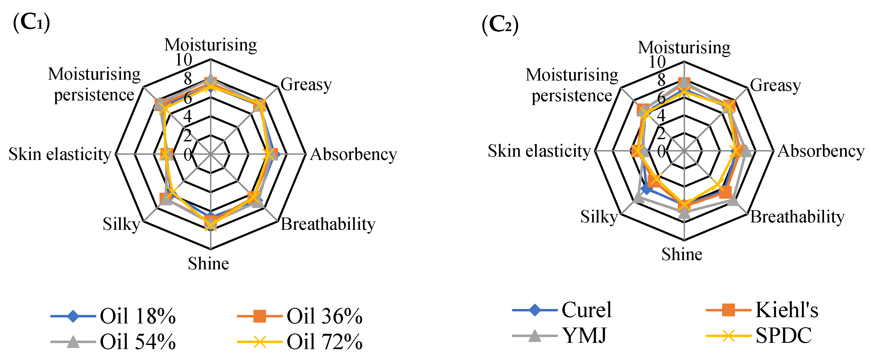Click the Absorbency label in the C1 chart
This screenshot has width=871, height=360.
pyautogui.click(x=353, y=154)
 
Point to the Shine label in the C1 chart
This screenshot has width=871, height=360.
pyautogui.click(x=208, y=263)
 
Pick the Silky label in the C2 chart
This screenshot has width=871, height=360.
pyautogui.click(x=599, y=217)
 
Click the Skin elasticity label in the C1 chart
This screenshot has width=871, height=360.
pyautogui.click(x=60, y=154)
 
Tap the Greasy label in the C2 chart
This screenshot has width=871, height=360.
pyautogui.click(x=775, y=85)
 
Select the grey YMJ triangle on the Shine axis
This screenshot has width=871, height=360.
pyautogui.click(x=684, y=213)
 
